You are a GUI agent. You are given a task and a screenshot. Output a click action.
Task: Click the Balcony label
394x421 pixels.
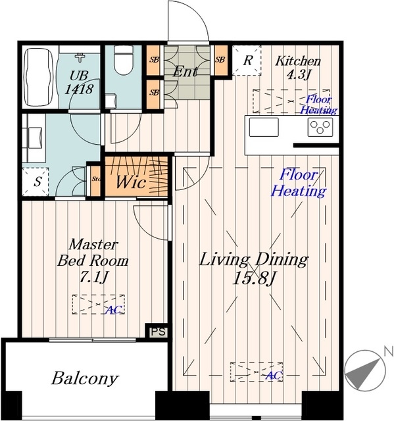click(85, 379)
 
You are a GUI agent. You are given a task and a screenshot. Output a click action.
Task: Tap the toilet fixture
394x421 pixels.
click(124, 60)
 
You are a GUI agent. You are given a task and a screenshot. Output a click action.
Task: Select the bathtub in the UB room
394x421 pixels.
click(39, 77)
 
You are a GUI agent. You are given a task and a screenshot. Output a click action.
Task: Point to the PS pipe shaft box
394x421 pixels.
click(159, 332)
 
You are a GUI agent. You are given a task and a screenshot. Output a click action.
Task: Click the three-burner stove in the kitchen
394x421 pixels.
click(320, 127)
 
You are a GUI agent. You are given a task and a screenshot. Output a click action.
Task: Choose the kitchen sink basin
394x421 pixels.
click(264, 127)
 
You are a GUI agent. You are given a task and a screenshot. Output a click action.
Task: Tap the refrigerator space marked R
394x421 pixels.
click(247, 61)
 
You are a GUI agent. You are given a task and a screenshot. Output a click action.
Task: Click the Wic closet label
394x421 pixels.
click(131, 182)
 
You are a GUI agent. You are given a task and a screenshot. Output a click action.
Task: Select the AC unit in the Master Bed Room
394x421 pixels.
click(99, 304)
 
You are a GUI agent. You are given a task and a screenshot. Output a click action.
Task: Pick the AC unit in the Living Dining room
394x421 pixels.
click(257, 372)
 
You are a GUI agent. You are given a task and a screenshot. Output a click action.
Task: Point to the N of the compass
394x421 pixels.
click(388, 351)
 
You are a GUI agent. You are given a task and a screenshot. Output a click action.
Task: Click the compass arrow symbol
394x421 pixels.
click(365, 371)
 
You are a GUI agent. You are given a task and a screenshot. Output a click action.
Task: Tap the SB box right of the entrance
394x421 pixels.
click(220, 60)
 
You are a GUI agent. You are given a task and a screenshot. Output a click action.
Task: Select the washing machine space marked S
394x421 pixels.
click(36, 182)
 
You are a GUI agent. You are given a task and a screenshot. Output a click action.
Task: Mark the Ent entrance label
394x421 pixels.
click(185, 72)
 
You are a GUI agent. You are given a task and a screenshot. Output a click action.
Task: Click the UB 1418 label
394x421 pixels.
click(79, 82)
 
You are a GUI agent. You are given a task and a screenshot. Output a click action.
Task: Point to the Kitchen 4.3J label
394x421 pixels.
click(298, 68)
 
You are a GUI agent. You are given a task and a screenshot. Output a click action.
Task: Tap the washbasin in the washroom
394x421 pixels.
click(35, 137)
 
